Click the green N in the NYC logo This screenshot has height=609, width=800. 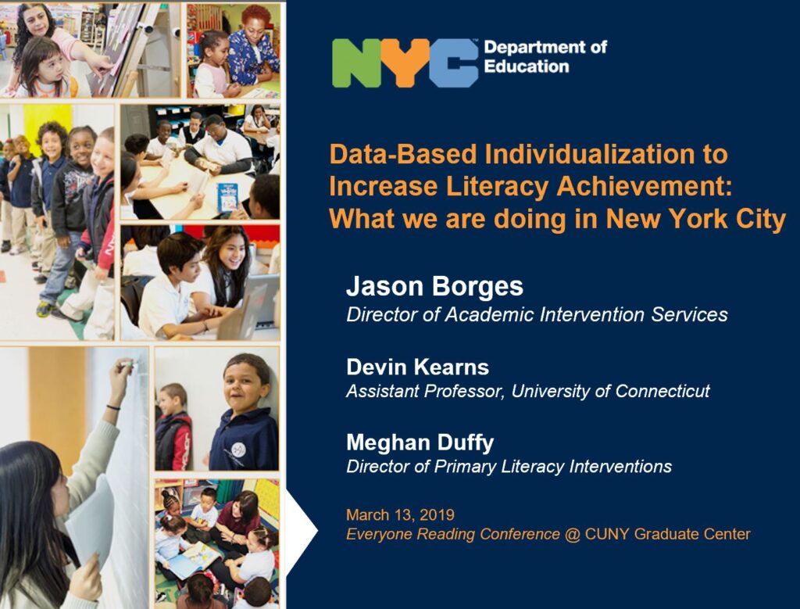pyautogui.click(x=355, y=63)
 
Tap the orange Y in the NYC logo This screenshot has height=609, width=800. pyautogui.click(x=404, y=63)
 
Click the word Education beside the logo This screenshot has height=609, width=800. pyautogui.click(x=526, y=66)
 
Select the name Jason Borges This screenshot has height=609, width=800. pyautogui.click(x=434, y=286)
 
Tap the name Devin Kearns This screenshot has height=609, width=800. pyautogui.click(x=417, y=367)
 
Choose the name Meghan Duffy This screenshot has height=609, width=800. pyautogui.click(x=420, y=442)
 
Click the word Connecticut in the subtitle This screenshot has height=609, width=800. pyautogui.click(x=662, y=391)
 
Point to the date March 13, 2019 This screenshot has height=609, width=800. pyautogui.click(x=400, y=514)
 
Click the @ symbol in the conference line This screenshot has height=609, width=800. pyautogui.click(x=573, y=535)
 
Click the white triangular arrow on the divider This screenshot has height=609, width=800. pyautogui.click(x=301, y=532)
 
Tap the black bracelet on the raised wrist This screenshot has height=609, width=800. pyautogui.click(x=113, y=407)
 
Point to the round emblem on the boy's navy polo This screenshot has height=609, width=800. pyautogui.click(x=238, y=450)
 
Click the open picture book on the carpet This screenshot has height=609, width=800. pyautogui.click(x=194, y=560)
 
